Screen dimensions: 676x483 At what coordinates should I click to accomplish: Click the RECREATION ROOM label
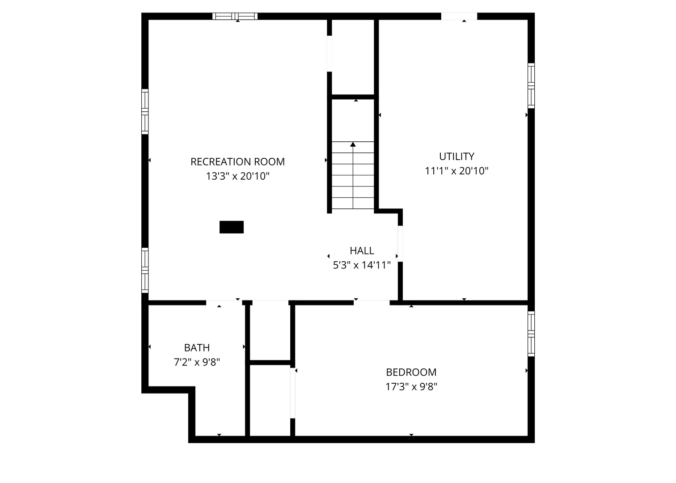(x=237, y=162)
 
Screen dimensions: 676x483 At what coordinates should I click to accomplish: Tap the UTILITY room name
(x=456, y=157)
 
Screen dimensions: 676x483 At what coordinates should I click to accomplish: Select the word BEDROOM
(x=411, y=372)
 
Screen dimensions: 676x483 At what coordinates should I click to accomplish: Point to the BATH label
(x=197, y=348)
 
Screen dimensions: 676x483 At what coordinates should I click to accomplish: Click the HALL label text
(x=362, y=250)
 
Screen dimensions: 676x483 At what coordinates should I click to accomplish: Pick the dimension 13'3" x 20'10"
(x=237, y=176)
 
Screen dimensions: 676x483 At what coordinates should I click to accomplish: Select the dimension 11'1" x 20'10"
(x=456, y=171)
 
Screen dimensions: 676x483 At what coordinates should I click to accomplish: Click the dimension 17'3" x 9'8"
(x=411, y=387)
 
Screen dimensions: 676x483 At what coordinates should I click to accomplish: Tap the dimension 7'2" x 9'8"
(x=197, y=362)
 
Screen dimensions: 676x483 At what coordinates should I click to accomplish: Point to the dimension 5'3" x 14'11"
(x=362, y=265)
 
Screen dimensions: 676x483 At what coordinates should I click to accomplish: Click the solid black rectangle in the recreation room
(x=232, y=227)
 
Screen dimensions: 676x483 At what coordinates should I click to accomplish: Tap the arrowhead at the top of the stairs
(x=353, y=144)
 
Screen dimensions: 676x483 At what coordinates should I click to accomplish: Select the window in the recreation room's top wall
(x=235, y=16)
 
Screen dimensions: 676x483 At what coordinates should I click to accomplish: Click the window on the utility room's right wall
(x=531, y=86)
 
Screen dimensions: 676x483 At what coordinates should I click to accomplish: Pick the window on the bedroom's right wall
(x=531, y=334)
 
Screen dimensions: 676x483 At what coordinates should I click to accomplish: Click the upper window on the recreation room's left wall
(x=145, y=112)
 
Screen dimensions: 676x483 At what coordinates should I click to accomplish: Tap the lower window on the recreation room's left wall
(x=145, y=271)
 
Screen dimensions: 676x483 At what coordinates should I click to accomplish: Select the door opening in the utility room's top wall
(x=459, y=16)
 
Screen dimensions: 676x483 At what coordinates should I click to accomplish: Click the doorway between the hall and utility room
(x=400, y=244)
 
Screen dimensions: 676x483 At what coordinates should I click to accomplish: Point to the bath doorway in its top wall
(x=224, y=303)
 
